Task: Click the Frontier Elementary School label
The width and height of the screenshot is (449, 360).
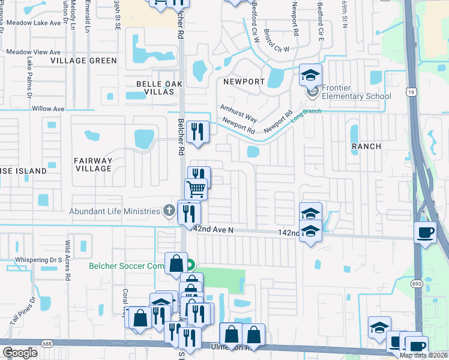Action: tap(356, 92)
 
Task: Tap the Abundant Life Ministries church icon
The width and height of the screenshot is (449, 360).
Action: tap(170, 211)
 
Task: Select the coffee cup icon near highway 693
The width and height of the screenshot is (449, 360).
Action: tap(426, 232)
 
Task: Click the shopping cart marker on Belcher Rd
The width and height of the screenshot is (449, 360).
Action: tap(196, 190)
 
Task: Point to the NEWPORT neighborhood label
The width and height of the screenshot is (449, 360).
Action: tap(244, 81)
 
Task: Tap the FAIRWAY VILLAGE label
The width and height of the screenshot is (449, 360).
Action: tap(93, 164)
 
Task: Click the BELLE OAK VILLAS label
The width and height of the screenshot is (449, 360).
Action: tap(159, 88)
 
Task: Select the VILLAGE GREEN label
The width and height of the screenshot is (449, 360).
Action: tap(83, 61)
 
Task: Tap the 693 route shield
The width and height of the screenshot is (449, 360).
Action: tap(416, 282)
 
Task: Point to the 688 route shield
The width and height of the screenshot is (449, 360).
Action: tap(47, 343)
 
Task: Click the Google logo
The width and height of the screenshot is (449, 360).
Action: tap(20, 352)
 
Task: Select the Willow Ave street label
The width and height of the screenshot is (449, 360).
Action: tap(48, 109)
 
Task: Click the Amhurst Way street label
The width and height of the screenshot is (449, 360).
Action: tap(238, 112)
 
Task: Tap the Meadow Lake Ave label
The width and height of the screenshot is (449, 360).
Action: tap(34, 23)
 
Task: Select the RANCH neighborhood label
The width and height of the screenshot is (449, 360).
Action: tap(366, 146)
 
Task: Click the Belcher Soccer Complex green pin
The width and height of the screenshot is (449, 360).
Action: tap(190, 265)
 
